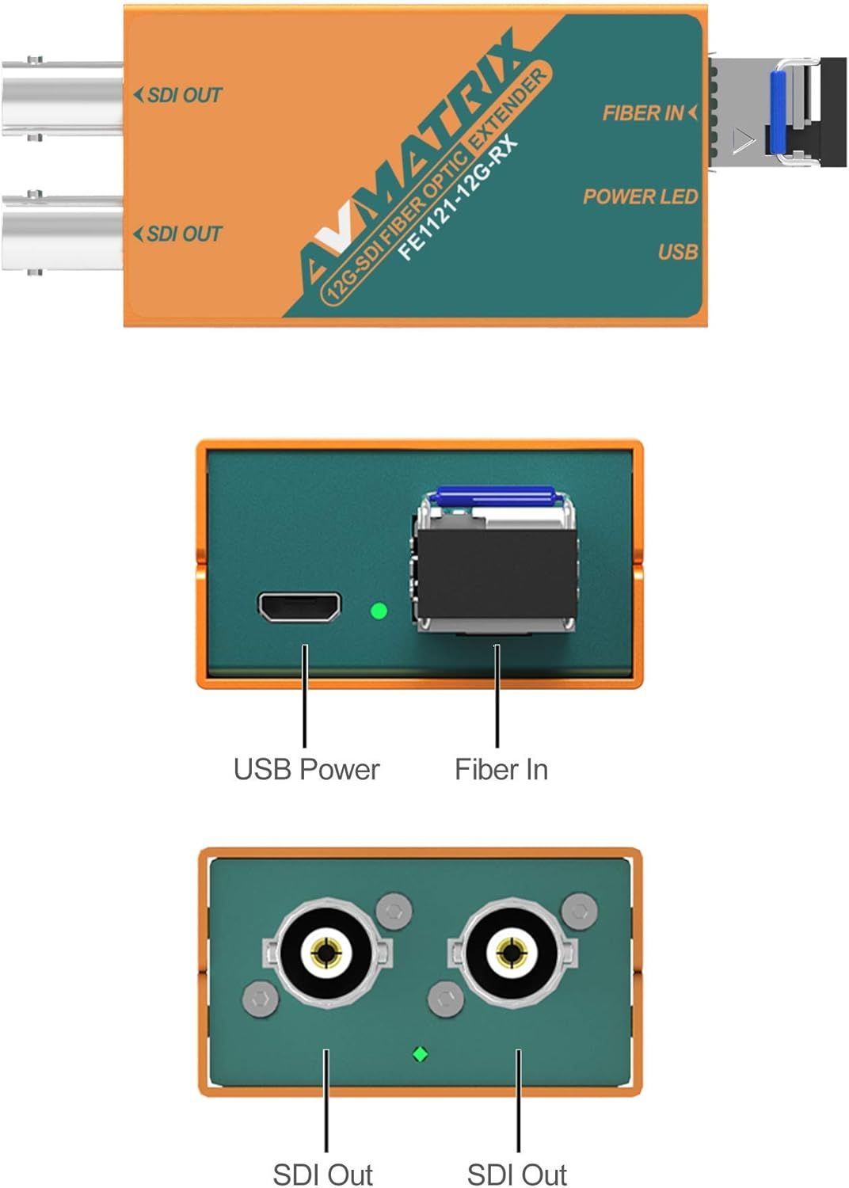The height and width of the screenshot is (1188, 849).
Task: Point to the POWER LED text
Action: pyautogui.click(x=640, y=196)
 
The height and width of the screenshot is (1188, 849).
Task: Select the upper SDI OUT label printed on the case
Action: pyautogui.click(x=177, y=96)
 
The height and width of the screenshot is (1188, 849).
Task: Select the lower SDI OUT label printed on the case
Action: pyautogui.click(x=177, y=234)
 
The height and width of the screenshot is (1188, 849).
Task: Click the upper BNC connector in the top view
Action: pyautogui.click(x=62, y=99)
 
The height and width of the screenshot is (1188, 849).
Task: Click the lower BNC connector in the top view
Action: pyautogui.click(x=62, y=234)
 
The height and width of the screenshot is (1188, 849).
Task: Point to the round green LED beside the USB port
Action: pyautogui.click(x=379, y=611)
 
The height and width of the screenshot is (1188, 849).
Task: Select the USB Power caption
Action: pyautogui.click(x=306, y=770)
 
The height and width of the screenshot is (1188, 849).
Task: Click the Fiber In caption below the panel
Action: pyautogui.click(x=501, y=770)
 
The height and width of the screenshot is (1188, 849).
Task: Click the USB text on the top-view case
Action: pyautogui.click(x=678, y=252)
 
